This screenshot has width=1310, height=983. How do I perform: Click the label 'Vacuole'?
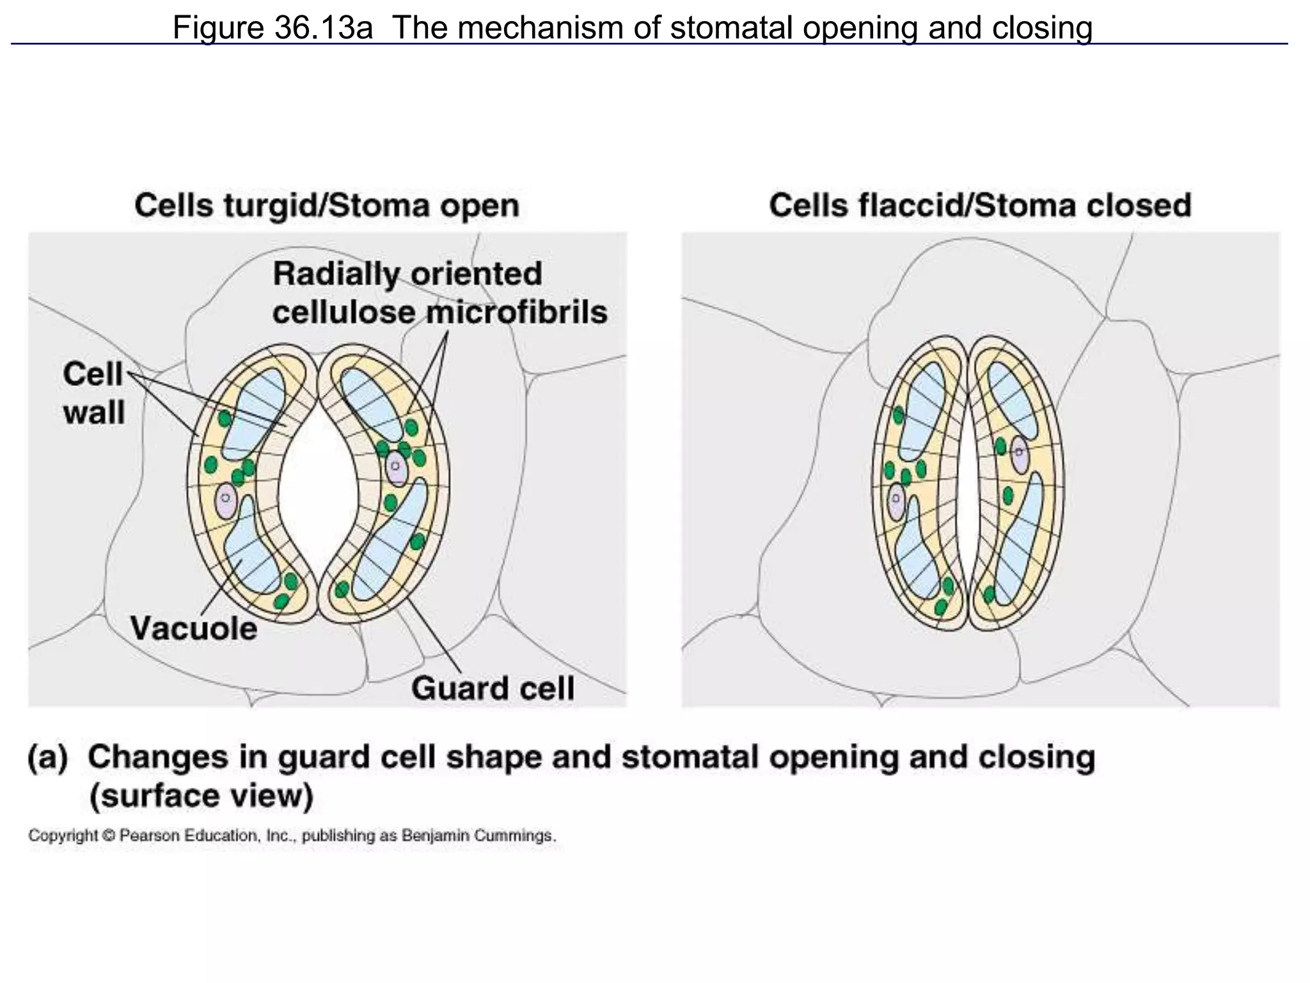[x=194, y=628]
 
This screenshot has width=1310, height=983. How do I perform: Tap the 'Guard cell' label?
[x=493, y=689]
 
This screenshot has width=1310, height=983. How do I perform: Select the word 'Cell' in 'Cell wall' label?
[x=93, y=374]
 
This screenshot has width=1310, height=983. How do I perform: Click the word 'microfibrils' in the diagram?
[x=517, y=313]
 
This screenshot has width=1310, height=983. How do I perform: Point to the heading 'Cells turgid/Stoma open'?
[x=327, y=206]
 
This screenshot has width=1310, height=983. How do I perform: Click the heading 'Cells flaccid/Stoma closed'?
[x=980, y=206]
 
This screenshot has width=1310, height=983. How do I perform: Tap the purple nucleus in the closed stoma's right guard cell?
[x=1019, y=455]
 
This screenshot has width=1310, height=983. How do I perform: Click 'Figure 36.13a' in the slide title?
[x=272, y=28]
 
